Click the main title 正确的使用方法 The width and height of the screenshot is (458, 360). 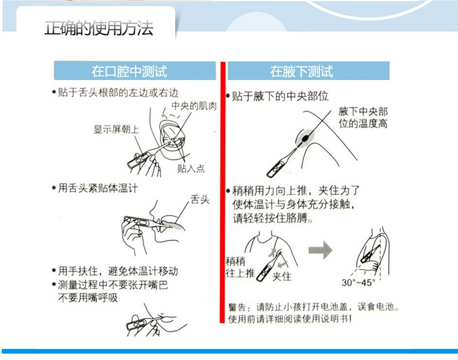pyautogui.click(x=99, y=28)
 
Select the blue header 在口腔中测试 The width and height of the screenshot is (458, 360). pyautogui.click(x=135, y=71)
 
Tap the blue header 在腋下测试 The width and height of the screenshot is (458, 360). pyautogui.click(x=308, y=71)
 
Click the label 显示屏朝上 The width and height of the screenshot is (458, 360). pyautogui.click(x=117, y=129)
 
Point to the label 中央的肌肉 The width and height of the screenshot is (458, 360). pyautogui.click(x=194, y=106)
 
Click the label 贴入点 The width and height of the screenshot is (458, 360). pyautogui.click(x=191, y=168)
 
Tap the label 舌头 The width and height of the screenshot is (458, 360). pyautogui.click(x=200, y=199)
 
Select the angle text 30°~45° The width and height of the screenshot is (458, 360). pyautogui.click(x=358, y=282)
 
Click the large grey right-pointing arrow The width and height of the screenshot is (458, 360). pyautogui.click(x=321, y=250)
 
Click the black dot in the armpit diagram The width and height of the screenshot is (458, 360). pyautogui.click(x=306, y=138)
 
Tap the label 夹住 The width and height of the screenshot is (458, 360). pyautogui.click(x=282, y=276)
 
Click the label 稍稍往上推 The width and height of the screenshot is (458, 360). pyautogui.click(x=240, y=267)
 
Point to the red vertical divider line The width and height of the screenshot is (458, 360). pyautogui.click(x=223, y=192)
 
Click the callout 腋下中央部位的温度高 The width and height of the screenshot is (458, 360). pyautogui.click(x=363, y=117)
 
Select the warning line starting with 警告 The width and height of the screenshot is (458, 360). pyautogui.click(x=314, y=307)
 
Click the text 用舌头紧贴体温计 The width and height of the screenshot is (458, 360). pyautogui.click(x=98, y=188)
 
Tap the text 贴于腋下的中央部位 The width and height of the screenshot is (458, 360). pyautogui.click(x=280, y=96)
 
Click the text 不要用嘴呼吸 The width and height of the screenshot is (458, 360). pyautogui.click(x=88, y=297)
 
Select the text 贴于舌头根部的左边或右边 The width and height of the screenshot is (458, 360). pyautogui.click(x=118, y=93)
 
